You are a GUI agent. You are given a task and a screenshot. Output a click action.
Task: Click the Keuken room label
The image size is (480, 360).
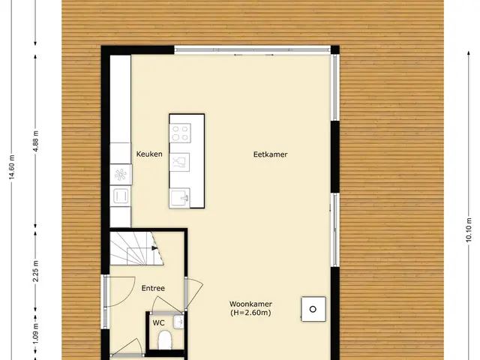(x=149, y=154)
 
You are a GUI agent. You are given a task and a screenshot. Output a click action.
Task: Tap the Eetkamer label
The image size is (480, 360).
(x=270, y=154)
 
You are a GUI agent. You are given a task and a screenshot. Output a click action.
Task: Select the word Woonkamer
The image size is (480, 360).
(x=250, y=304)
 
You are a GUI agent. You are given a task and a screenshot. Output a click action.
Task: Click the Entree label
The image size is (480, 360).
(x=153, y=288)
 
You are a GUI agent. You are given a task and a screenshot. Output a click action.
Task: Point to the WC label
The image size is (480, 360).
(x=158, y=322)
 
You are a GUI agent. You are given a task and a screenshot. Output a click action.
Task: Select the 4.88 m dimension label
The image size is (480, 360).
(x=36, y=141)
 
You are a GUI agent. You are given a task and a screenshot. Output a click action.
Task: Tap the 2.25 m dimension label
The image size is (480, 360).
(x=36, y=271)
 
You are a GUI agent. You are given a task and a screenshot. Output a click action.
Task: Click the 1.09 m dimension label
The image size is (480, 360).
(x=36, y=333)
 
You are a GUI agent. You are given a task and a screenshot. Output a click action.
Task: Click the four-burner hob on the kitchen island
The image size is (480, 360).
(x=180, y=133)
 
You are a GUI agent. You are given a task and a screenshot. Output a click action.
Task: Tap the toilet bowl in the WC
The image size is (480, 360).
(x=165, y=340)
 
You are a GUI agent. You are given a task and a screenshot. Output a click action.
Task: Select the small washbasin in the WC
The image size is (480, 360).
(x=178, y=322)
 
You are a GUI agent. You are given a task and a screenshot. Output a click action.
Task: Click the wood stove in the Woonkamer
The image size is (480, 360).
(x=313, y=309)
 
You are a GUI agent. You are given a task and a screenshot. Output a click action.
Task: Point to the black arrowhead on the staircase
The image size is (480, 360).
(x=154, y=248)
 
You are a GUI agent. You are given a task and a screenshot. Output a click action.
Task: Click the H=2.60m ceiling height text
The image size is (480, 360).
(x=250, y=313)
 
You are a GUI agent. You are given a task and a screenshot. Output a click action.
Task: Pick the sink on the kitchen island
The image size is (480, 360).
(x=180, y=198)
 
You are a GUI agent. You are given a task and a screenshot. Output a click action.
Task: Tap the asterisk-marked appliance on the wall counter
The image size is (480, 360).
(x=121, y=175)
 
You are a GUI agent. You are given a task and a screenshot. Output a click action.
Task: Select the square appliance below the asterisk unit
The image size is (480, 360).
(x=121, y=196)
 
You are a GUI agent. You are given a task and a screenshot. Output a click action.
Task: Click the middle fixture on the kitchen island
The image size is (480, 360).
(x=179, y=162)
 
